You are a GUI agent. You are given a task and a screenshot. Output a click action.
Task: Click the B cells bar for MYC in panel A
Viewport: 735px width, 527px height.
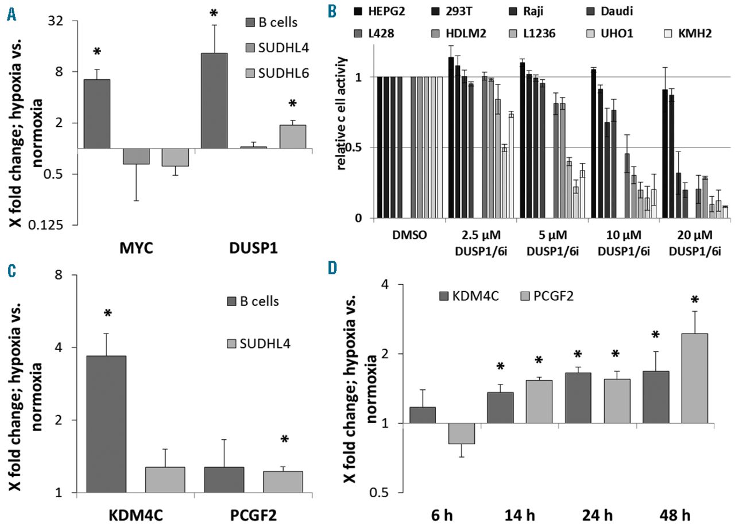tap(97, 114)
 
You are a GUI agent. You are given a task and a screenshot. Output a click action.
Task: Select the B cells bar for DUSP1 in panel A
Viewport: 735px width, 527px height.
tap(214, 100)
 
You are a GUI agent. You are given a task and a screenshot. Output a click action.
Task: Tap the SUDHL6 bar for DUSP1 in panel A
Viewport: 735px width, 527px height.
tap(292, 137)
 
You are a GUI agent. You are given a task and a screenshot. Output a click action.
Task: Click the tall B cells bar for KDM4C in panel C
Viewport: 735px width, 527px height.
tap(106, 424)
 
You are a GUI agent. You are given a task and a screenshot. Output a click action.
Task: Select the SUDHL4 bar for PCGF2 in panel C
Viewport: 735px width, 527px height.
tap(283, 482)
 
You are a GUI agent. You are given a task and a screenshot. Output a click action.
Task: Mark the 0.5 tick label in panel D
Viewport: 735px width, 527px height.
tap(394, 493)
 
